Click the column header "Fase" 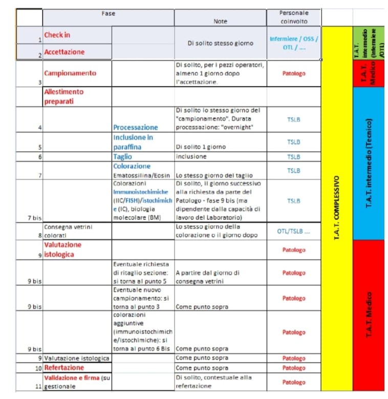point(108,13)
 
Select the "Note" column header point(220,21)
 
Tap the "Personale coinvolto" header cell point(294,17)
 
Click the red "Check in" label point(57,35)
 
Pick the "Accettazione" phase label point(64,52)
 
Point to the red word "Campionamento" point(70,73)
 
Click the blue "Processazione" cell point(136,127)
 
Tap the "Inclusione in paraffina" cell point(134,142)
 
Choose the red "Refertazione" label point(64,368)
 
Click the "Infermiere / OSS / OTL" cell point(294,43)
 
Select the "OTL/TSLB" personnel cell point(294,231)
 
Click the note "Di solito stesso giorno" point(220,43)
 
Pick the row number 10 point(38,368)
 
